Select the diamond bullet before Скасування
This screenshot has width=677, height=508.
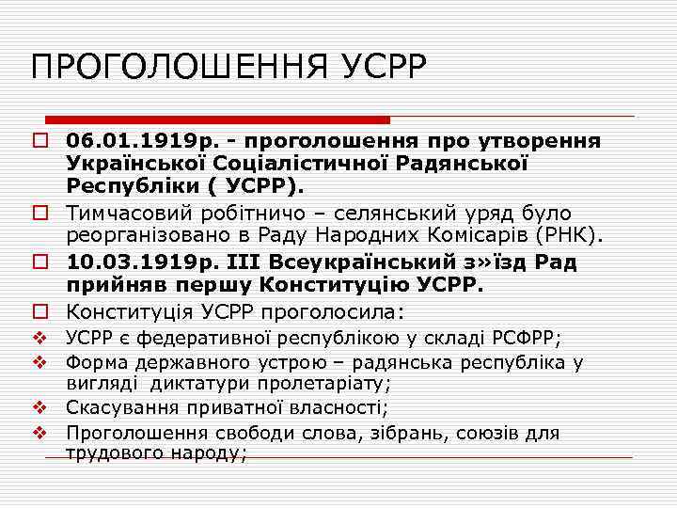pos(39,407)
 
